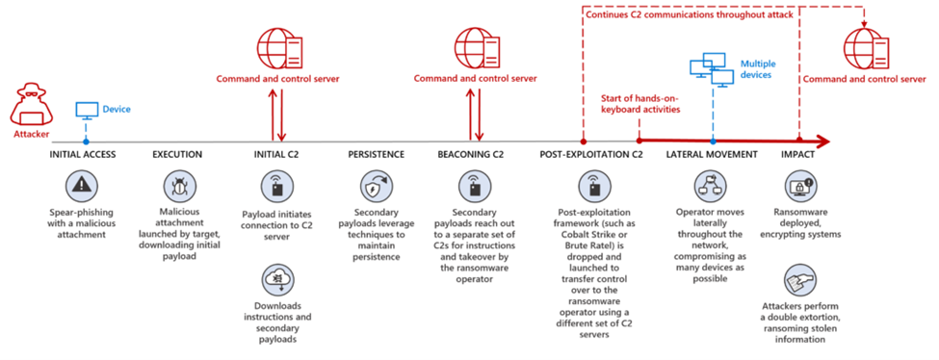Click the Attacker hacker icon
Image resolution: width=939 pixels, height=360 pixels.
[29, 102]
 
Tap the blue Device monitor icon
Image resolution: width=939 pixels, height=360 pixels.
[87, 109]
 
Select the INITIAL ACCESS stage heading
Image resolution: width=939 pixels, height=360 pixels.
[86, 154]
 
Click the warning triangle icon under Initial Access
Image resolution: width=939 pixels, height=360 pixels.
[86, 185]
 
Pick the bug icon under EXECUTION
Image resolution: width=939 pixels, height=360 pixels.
[178, 185]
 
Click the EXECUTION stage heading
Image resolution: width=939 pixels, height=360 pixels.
[178, 154]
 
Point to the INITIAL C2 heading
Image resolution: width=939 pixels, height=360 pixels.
[276, 154]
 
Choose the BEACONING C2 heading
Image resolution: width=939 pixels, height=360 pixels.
[472, 154]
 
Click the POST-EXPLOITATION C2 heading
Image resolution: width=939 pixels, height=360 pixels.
[590, 154]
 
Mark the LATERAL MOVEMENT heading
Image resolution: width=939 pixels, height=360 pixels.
[712, 154]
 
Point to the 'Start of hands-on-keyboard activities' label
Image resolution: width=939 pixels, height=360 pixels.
[641, 103]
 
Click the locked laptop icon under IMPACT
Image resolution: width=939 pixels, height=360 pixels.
[800, 185]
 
